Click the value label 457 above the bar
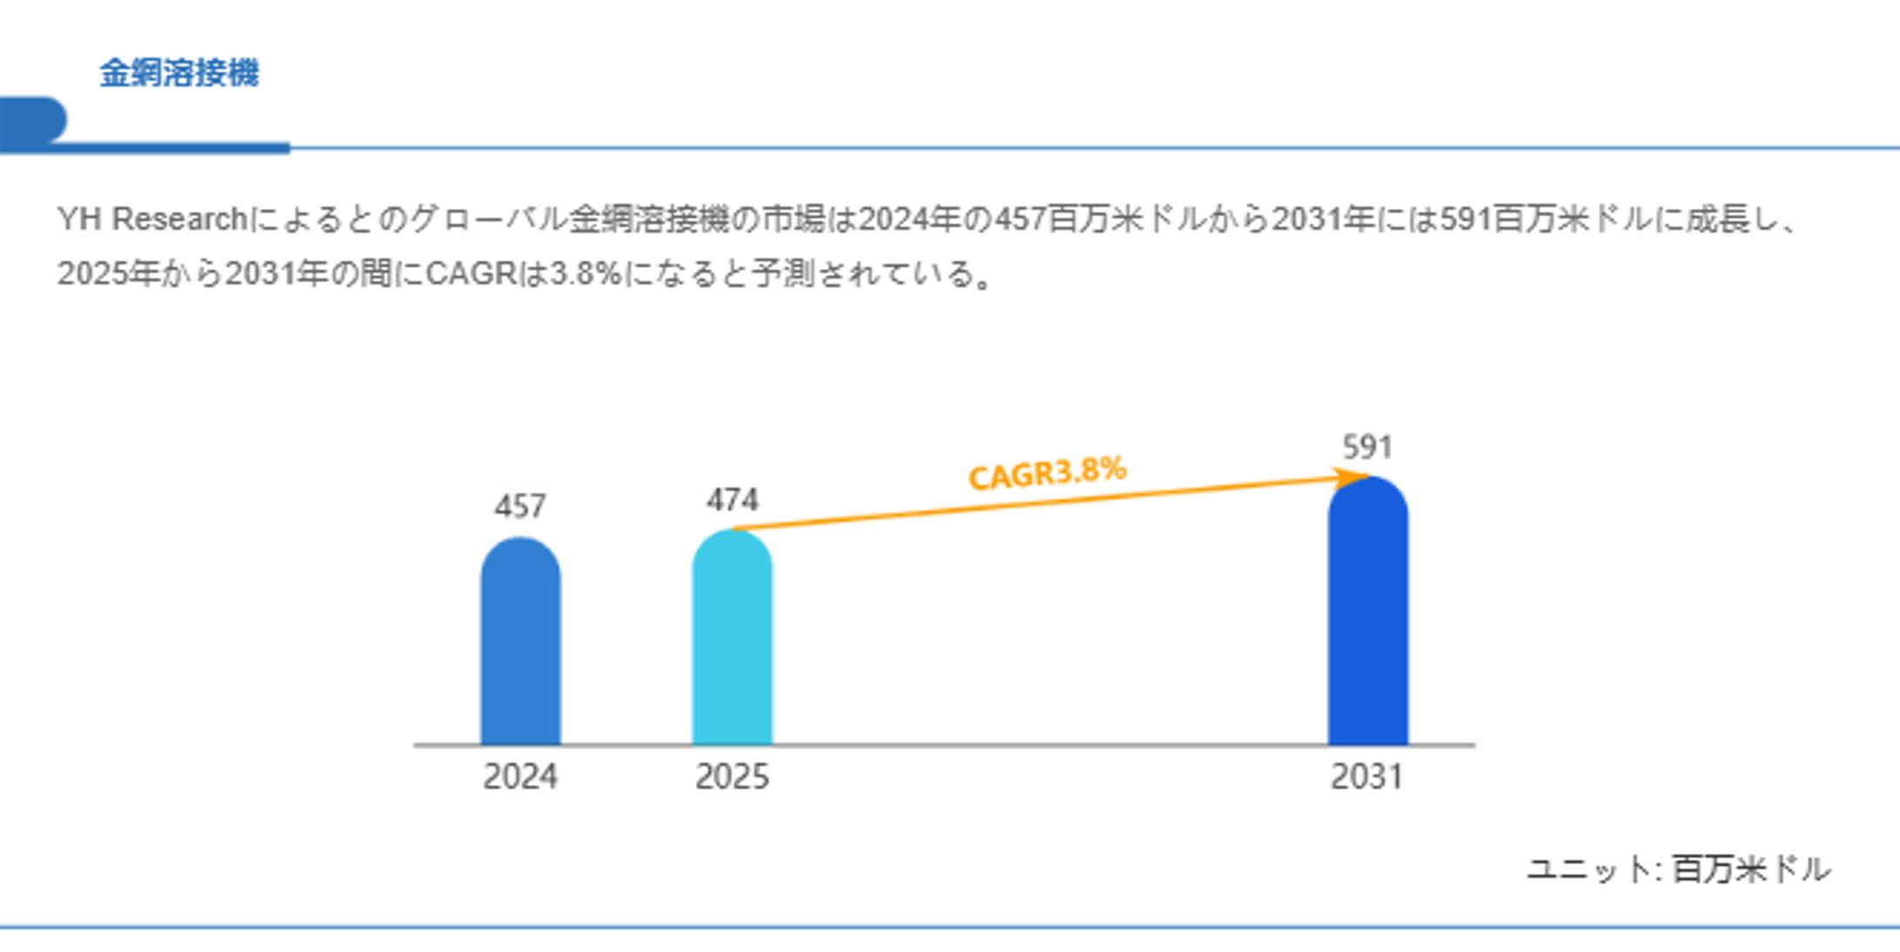520,506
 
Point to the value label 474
733,499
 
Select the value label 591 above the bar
1368,447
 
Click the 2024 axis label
520,776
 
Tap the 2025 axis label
732,776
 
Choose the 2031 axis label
1367,776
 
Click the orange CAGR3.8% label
1047,473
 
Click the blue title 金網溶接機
179,73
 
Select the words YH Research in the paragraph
152,219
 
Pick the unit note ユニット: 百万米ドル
1678,868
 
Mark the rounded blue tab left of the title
33,120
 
